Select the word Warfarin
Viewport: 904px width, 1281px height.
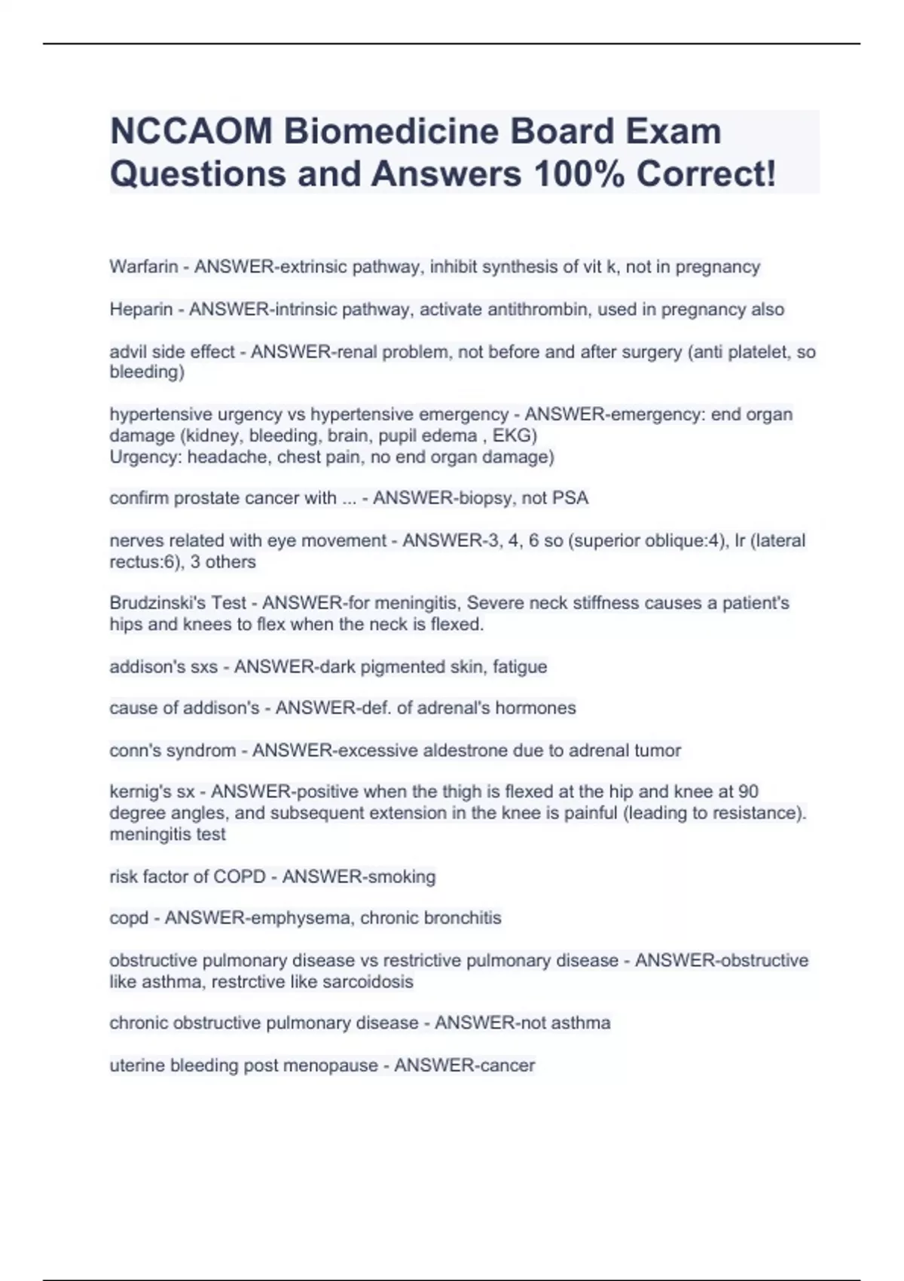pyautogui.click(x=144, y=267)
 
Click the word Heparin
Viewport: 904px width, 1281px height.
pyautogui.click(x=141, y=310)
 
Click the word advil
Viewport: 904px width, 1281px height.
pyautogui.click(x=128, y=352)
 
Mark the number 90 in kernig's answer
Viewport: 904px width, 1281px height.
pyautogui.click(x=748, y=792)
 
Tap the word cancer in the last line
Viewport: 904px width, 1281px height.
pyautogui.click(x=510, y=1065)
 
